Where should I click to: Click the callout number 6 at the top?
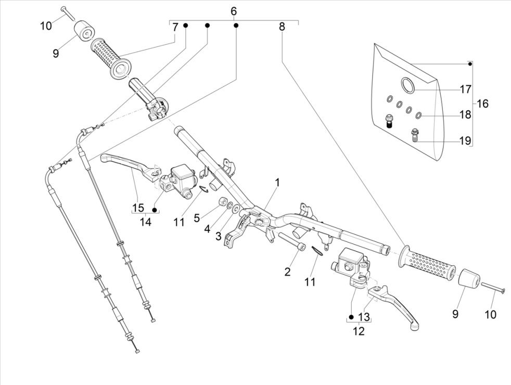(233, 11)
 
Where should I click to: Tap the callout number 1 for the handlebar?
(277, 183)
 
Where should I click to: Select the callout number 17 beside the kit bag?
(465, 89)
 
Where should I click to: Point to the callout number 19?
(465, 140)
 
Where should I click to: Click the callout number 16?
(482, 104)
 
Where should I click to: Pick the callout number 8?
(282, 27)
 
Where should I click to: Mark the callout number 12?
(359, 330)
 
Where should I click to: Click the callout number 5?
(197, 217)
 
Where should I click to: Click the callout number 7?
(175, 27)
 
